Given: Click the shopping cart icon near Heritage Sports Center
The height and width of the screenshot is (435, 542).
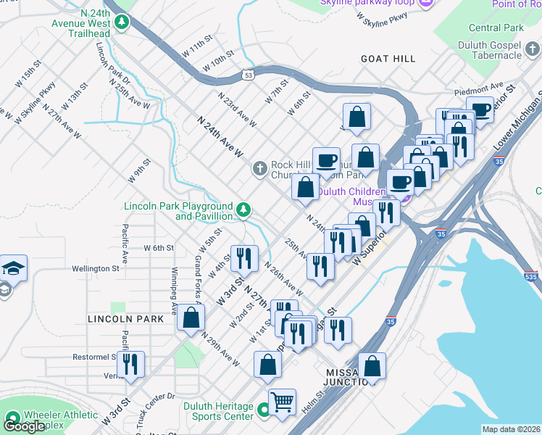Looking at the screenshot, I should tap(282, 400).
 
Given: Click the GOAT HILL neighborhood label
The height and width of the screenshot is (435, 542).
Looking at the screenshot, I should tap(387, 59).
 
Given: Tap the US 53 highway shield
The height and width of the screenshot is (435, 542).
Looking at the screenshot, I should tap(249, 74).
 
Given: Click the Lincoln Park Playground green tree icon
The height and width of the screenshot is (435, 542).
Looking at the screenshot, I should tap(245, 210).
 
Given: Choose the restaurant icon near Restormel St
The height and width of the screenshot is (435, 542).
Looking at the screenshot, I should tap(130, 364).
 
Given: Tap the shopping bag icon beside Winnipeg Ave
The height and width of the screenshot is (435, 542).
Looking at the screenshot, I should tap(191, 318).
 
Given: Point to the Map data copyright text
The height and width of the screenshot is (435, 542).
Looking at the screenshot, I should tap(511, 429).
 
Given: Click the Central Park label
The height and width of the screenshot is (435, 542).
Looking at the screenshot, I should tap(496, 28).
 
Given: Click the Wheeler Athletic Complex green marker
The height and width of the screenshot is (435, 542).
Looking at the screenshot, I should tap(12, 419).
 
